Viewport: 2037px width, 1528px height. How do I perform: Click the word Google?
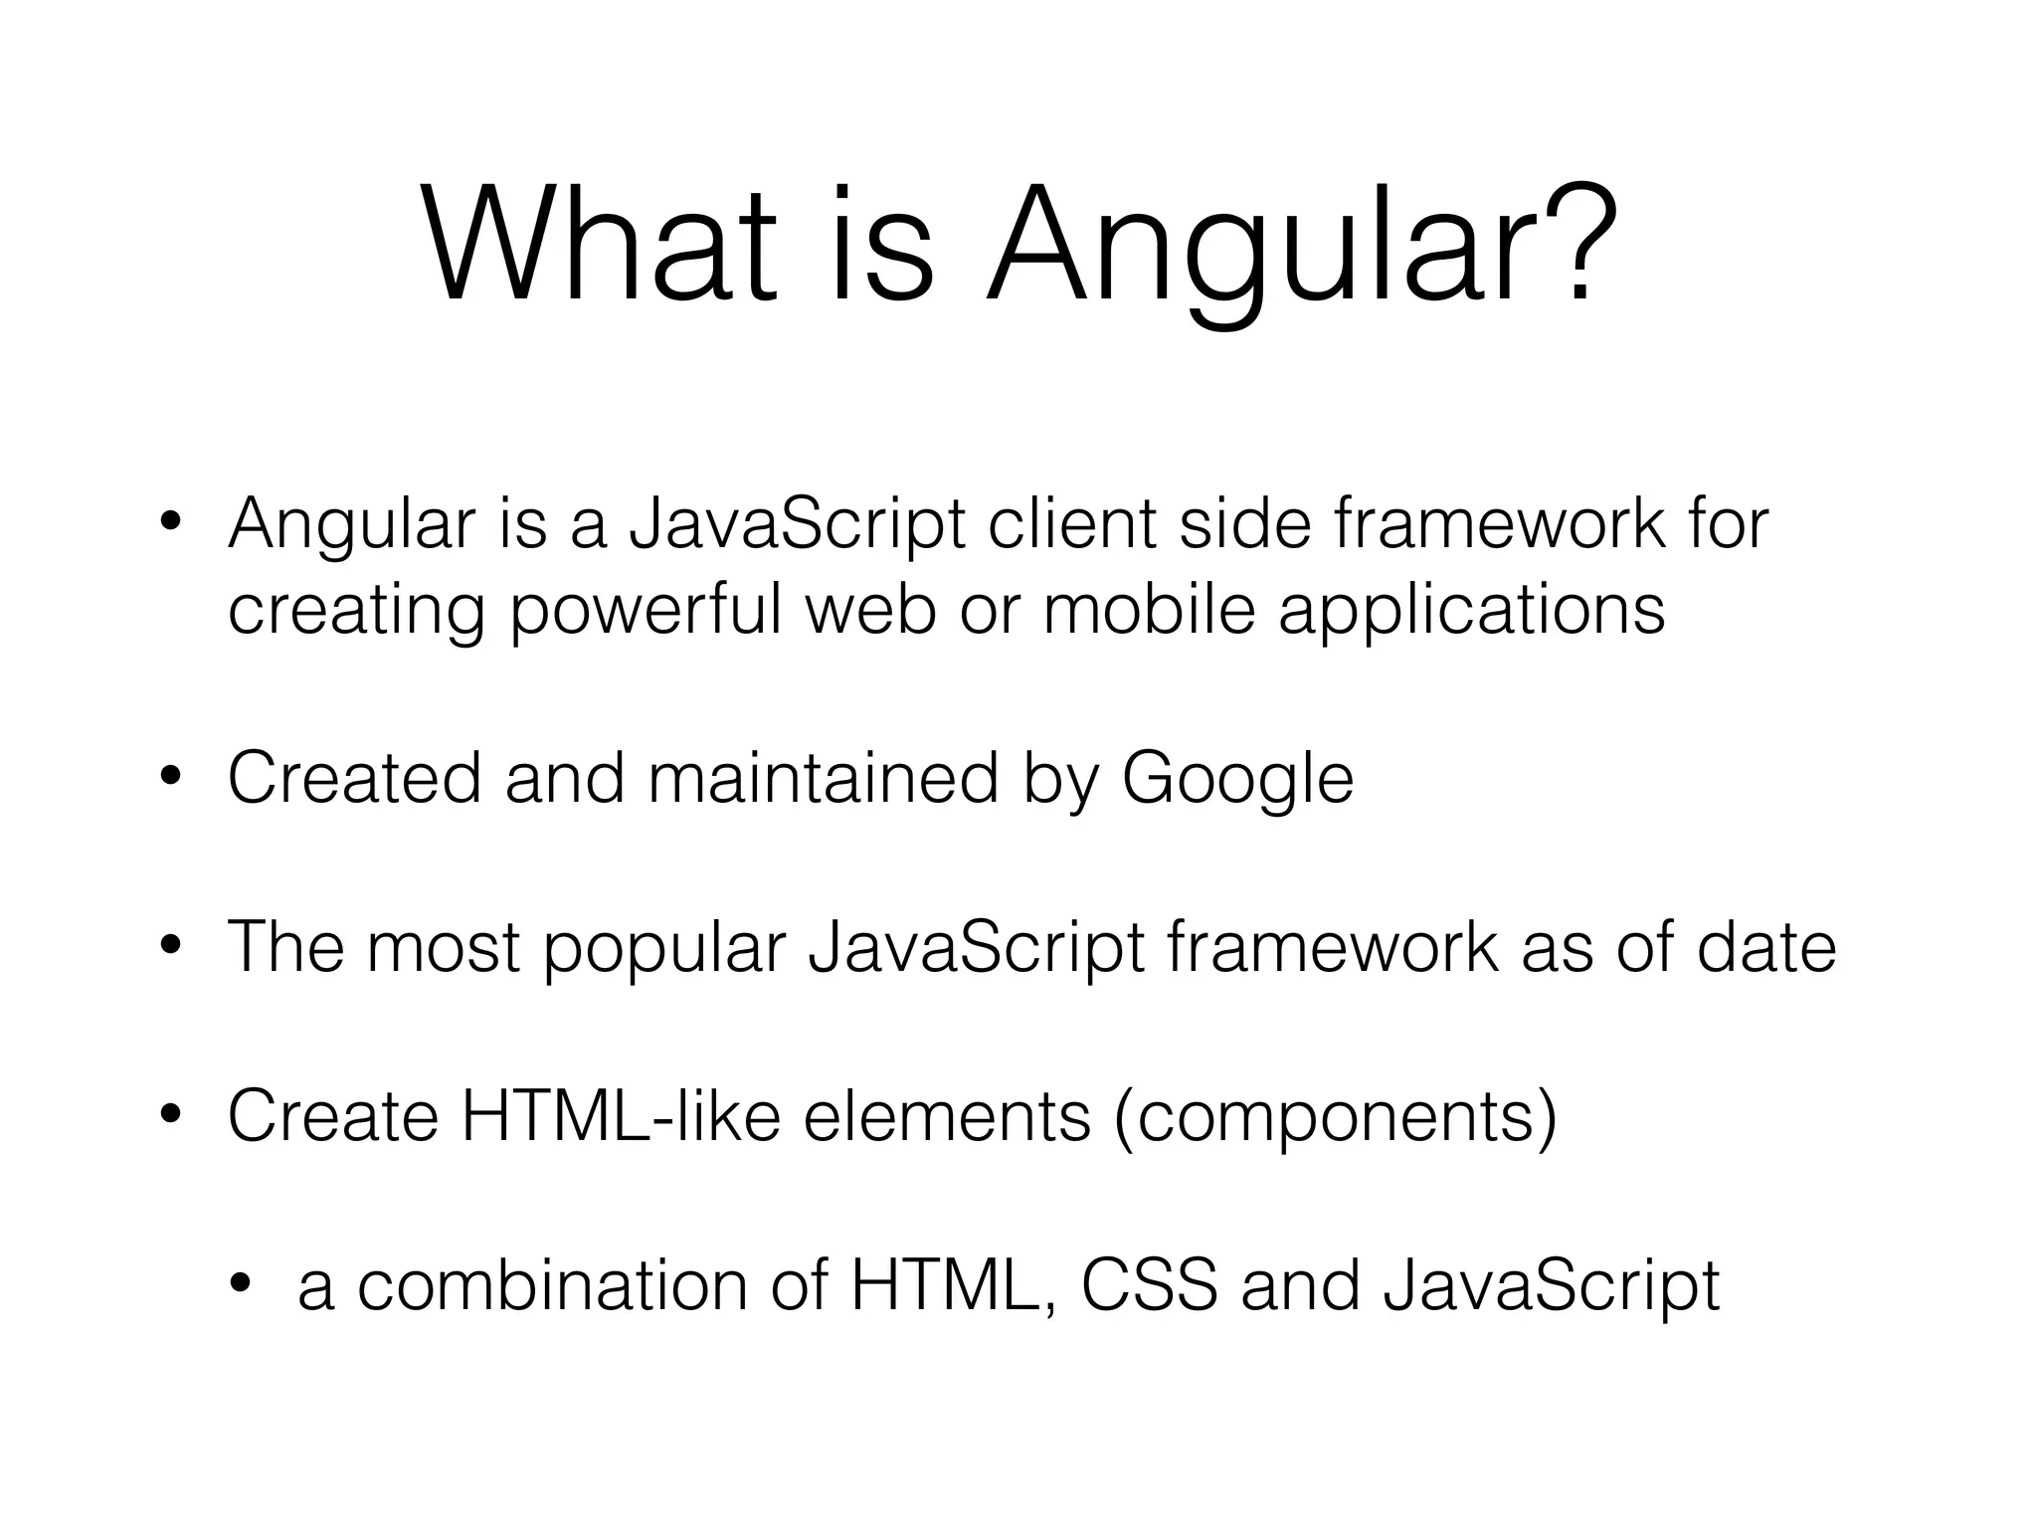point(1237,780)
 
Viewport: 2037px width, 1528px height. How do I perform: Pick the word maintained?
point(824,778)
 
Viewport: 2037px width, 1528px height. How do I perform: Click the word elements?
point(947,1116)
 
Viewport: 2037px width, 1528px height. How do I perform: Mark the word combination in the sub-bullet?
point(552,1285)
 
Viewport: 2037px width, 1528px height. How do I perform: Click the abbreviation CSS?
point(1149,1285)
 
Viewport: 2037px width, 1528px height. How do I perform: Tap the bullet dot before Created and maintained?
point(171,779)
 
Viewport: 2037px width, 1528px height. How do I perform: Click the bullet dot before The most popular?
point(171,948)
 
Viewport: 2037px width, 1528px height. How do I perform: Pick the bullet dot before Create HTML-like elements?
point(171,1117)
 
